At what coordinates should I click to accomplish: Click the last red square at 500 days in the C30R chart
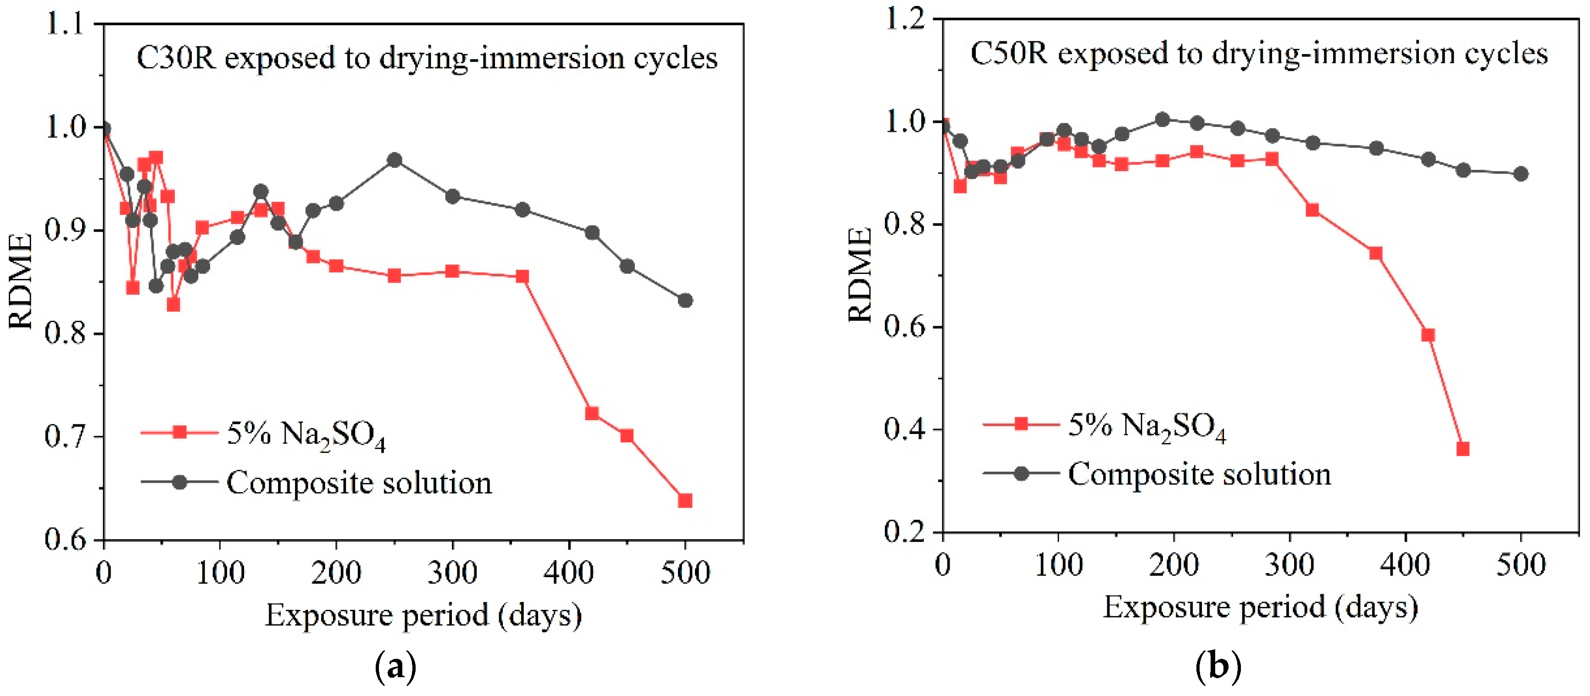[684, 500]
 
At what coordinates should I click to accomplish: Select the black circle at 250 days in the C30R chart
[395, 161]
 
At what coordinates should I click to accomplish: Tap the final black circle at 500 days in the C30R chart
[684, 301]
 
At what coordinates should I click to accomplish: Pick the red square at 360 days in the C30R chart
[522, 276]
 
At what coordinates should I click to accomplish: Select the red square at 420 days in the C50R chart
[1428, 335]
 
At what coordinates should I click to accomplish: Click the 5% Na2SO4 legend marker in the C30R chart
[180, 432]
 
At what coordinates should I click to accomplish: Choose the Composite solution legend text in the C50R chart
[1199, 474]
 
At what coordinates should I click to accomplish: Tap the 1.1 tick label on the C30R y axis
[65, 25]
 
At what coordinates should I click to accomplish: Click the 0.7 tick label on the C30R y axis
[65, 437]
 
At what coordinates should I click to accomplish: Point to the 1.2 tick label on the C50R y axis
[906, 20]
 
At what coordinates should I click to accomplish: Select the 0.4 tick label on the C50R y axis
[906, 429]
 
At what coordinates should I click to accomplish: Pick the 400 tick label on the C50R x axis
[1406, 565]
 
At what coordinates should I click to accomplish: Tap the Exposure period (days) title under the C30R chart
[423, 615]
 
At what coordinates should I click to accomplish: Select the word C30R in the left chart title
[176, 58]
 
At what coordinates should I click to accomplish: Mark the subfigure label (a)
[395, 668]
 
